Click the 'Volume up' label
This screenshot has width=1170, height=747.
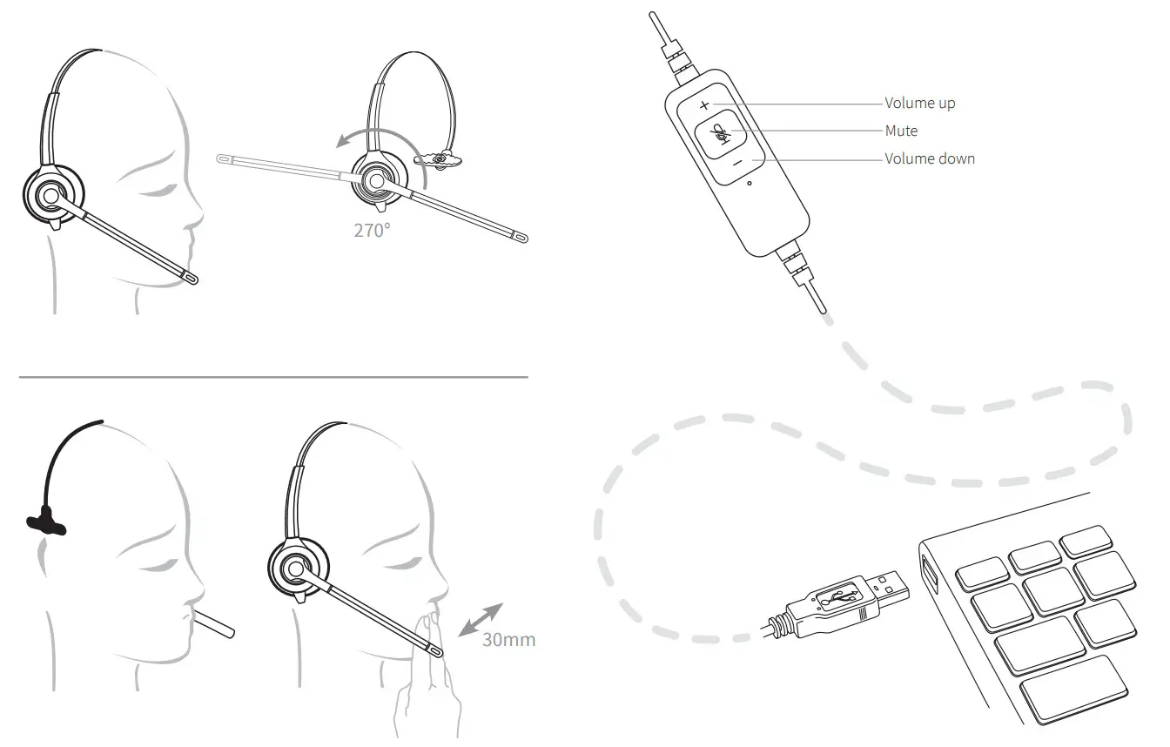[x=919, y=104]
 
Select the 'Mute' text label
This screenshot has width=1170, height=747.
[x=901, y=131]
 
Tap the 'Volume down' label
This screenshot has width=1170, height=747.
[x=930, y=159]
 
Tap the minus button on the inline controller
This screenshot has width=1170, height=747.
[x=736, y=162]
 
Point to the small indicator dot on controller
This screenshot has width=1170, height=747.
[x=750, y=184]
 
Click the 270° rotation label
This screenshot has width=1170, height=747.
[x=372, y=231]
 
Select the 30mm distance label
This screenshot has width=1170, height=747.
[x=508, y=641]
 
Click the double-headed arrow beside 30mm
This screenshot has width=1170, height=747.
[x=481, y=619]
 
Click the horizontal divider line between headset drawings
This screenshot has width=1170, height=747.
[x=273, y=378]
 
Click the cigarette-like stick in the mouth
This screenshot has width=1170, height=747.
[x=213, y=624]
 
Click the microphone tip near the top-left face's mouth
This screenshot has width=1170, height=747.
[x=190, y=278]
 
